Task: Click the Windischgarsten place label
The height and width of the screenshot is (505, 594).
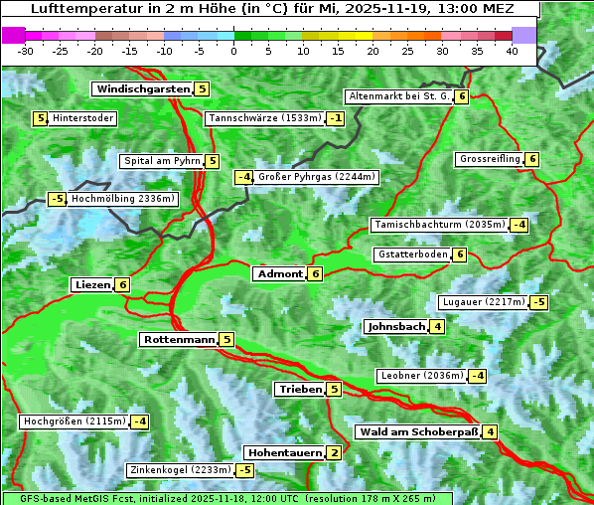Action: [x=143, y=89]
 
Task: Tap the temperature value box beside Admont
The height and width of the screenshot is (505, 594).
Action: [x=315, y=274]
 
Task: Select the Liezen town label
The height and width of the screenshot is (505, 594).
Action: [x=92, y=285]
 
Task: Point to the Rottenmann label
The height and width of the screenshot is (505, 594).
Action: [x=179, y=340]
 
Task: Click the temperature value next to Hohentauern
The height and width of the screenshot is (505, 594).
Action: [x=334, y=453]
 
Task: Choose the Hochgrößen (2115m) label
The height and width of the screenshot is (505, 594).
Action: [x=74, y=421]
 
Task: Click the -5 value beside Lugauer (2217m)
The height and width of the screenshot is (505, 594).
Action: [x=538, y=302]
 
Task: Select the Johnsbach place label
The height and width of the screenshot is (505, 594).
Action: [x=396, y=327]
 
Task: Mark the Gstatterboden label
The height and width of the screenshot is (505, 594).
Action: [x=412, y=254]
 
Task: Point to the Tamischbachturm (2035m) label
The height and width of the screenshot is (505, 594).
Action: [x=438, y=225]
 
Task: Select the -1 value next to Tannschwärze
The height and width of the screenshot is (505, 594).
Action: [x=336, y=119]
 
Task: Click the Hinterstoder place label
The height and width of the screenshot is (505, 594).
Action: [x=82, y=118]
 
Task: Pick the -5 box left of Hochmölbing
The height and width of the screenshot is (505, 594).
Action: [x=57, y=199]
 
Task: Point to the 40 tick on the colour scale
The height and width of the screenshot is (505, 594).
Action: [x=512, y=52]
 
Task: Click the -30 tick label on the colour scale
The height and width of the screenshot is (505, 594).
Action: [x=26, y=52]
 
